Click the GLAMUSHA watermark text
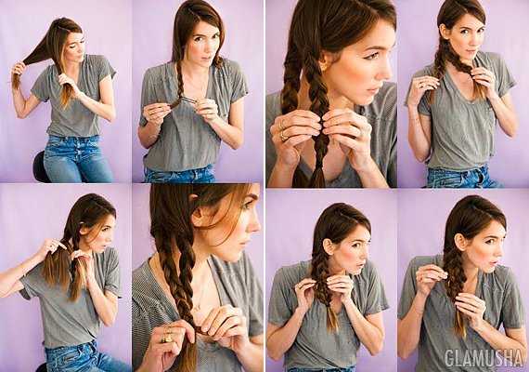pos(484,358)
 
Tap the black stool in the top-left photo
pos(40,167)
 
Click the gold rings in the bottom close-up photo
pos(167,335)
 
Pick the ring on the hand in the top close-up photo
pos(283,135)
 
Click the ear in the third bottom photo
pos(328,246)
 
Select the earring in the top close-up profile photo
pos(324,66)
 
